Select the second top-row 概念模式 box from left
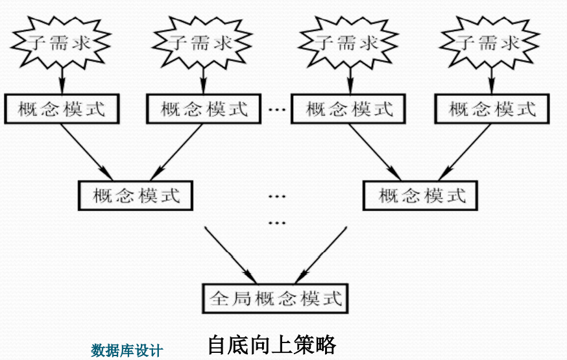click(205, 108)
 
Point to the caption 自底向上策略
click(272, 344)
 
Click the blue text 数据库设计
click(127, 351)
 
